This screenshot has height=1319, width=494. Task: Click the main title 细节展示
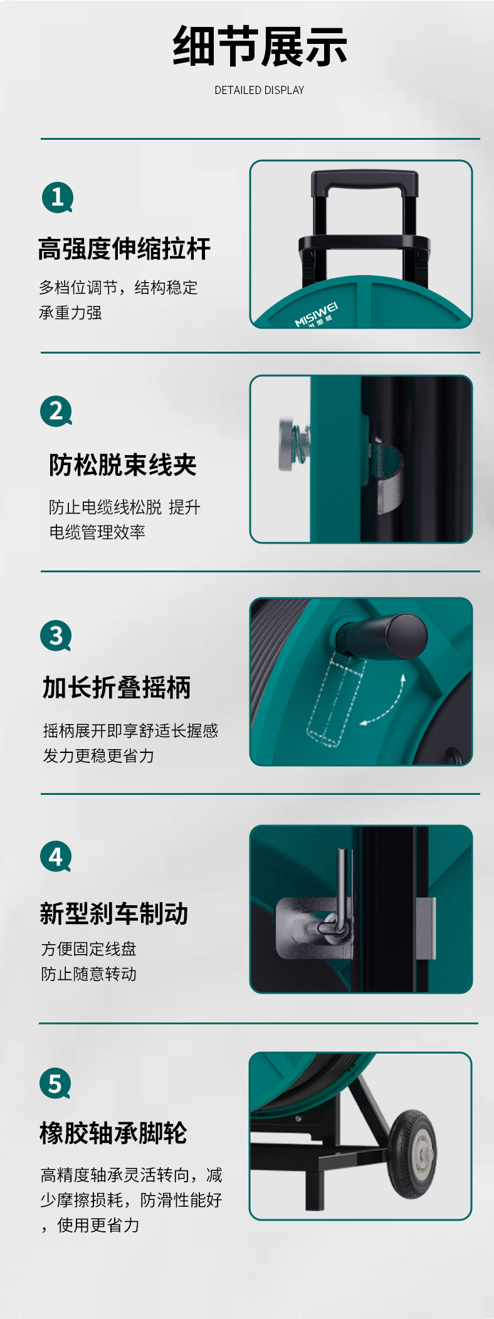260,47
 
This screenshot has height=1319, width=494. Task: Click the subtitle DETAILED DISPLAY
260,90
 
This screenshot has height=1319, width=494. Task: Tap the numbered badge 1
58,197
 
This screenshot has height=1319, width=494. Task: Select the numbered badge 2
56,411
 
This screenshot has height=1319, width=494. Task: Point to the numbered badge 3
56,636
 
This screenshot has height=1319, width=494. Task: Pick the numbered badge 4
56,856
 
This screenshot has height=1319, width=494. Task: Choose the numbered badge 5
55,1083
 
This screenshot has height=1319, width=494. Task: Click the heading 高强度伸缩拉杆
124,249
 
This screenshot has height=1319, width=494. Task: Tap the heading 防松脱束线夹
123,465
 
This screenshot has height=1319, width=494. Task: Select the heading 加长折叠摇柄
117,688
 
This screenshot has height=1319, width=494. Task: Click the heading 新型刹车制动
114,913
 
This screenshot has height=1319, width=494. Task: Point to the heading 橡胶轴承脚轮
113,1133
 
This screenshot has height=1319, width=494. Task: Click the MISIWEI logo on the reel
317,314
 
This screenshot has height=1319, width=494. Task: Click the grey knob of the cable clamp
288,444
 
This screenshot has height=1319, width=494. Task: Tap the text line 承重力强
70,313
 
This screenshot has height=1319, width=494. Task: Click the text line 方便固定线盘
88,949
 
